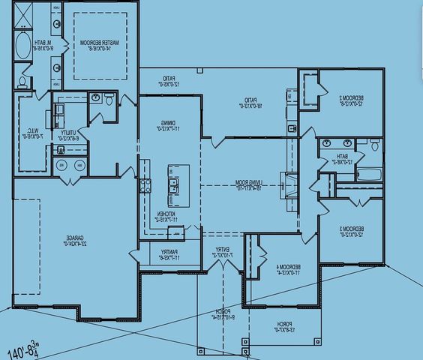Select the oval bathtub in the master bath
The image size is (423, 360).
point(22,45)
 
